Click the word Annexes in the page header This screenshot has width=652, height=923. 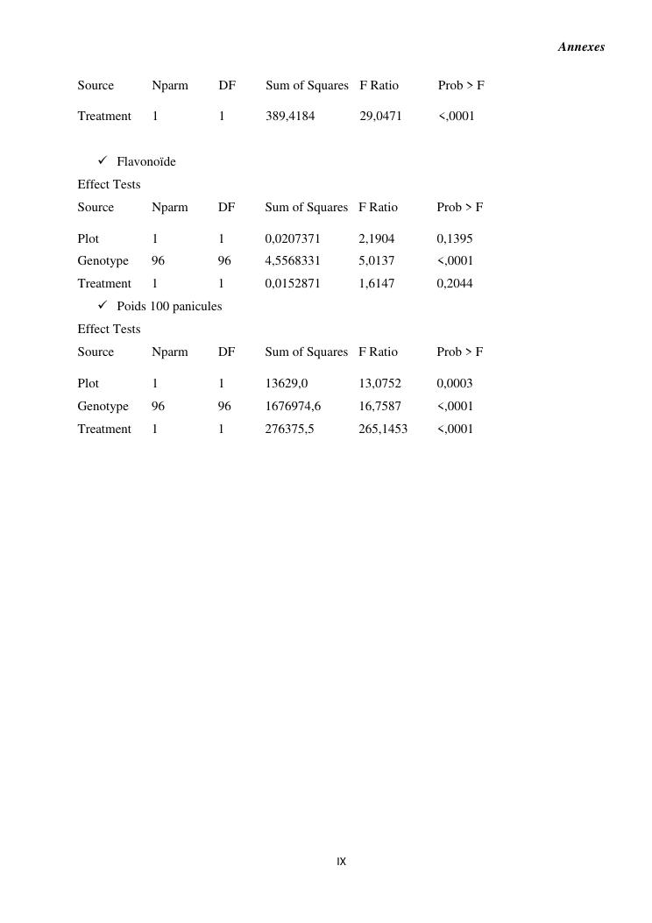click(581, 47)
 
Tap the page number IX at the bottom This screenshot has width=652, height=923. click(341, 863)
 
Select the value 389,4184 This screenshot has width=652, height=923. click(290, 116)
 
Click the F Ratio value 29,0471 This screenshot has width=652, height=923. click(380, 116)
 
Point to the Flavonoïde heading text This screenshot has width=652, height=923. click(146, 161)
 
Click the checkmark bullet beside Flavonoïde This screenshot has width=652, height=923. click(103, 160)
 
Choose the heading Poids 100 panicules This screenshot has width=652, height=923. click(169, 306)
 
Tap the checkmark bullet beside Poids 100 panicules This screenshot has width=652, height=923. click(103, 305)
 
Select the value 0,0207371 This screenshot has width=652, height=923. click(292, 238)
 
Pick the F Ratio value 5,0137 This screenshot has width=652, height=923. click(376, 260)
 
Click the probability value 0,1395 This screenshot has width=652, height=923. click(455, 238)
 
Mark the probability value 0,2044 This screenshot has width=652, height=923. click(455, 283)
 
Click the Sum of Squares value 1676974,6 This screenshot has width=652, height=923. click(293, 406)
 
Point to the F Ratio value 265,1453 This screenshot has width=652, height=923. click(383, 429)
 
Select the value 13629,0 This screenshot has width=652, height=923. click(287, 383)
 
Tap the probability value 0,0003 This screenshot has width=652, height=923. click(455, 383)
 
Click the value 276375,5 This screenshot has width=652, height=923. click(289, 429)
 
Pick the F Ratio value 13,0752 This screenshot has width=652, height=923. click(379, 383)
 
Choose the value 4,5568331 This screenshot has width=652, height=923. click(292, 260)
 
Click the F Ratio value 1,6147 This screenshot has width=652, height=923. click(376, 283)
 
